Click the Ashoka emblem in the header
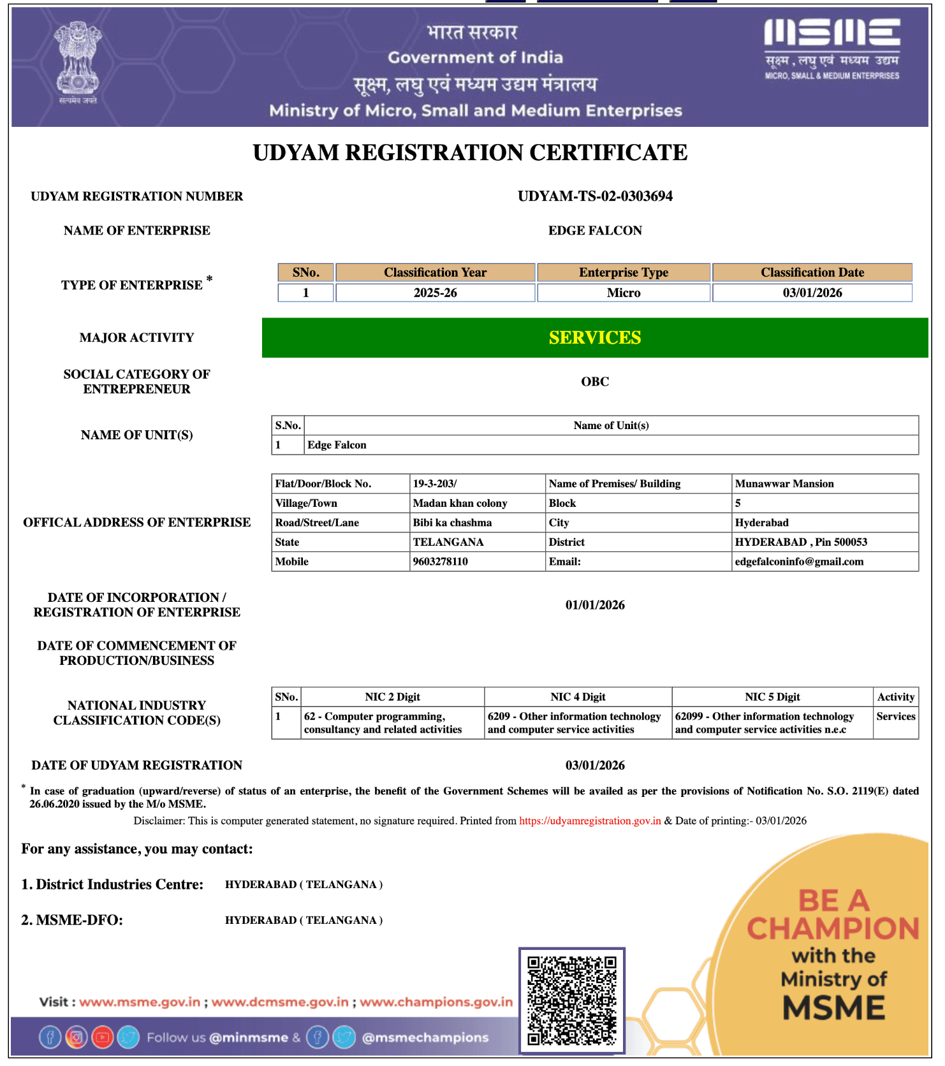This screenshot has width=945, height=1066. pos(78,61)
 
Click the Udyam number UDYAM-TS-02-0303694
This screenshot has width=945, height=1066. pos(595,196)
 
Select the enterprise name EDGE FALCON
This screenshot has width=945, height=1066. pos(595,231)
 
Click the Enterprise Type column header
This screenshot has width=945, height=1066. pos(624,273)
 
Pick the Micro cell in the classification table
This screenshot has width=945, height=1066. pos(624,293)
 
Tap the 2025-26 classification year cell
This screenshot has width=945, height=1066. pos(435,293)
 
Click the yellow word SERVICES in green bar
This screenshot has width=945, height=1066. pos(595,338)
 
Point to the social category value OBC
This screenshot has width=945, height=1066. pos(595,382)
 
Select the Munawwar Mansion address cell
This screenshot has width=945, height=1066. pos(784,484)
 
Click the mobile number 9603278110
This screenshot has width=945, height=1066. pos(441,562)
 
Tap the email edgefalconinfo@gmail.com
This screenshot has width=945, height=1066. pos(799,562)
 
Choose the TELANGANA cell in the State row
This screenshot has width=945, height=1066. pos(448,543)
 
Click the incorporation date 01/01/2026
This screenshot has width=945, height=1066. pos(595,605)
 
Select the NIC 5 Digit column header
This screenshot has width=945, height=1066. pos(772,697)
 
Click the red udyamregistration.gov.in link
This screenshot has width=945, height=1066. pos(590,821)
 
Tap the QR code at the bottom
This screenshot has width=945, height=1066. pos(572,1000)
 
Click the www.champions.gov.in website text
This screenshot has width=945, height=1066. pos(436,1002)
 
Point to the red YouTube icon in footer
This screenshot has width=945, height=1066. pos(102,1038)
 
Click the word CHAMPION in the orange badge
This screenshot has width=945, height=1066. pos(833,929)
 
